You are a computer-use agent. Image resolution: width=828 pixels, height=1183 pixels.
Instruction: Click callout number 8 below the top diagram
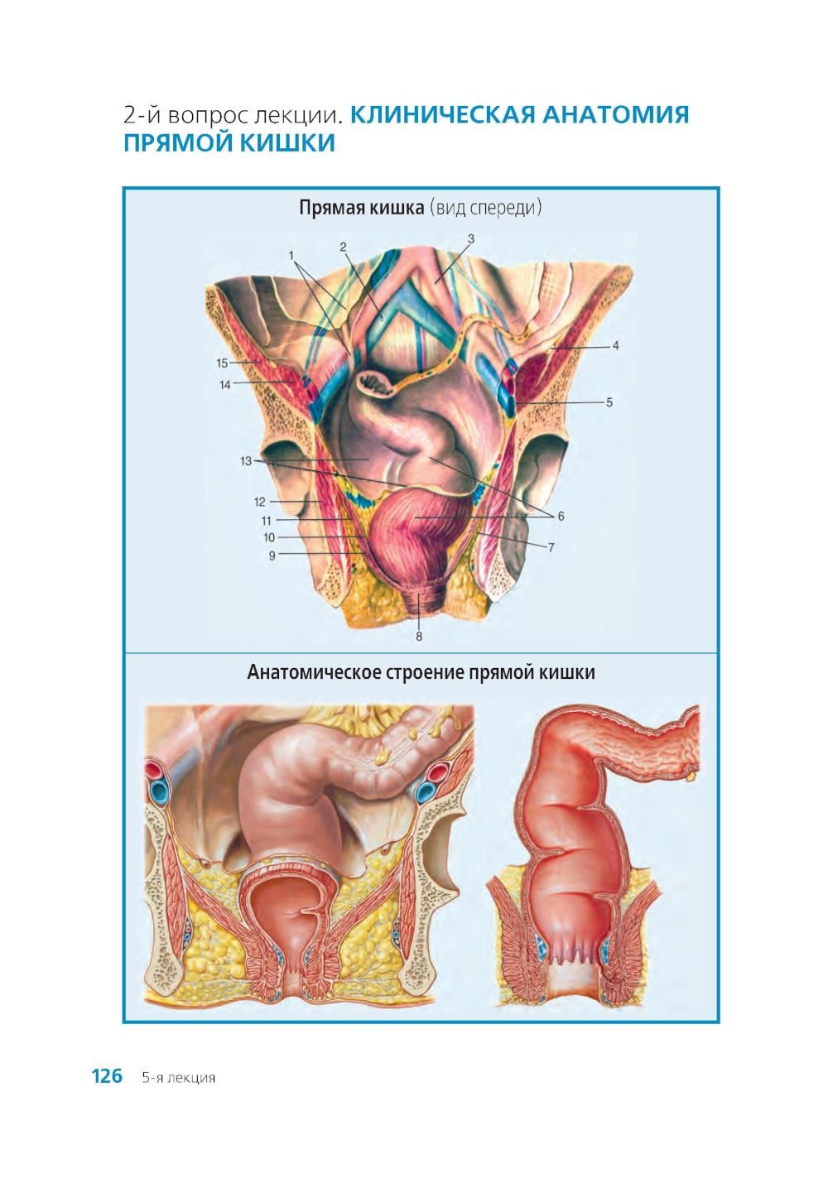click(x=419, y=637)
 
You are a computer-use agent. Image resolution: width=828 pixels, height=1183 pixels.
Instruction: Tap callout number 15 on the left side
click(x=222, y=363)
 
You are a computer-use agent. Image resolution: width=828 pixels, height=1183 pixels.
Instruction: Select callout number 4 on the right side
click(x=615, y=346)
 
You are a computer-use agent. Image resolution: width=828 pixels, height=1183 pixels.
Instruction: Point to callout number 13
click(x=246, y=461)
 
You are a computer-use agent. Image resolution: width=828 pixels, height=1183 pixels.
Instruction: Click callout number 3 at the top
click(x=471, y=238)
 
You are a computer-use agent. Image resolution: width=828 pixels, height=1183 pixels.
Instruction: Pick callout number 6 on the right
click(x=561, y=516)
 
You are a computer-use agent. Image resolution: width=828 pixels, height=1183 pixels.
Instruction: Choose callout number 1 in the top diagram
click(x=291, y=255)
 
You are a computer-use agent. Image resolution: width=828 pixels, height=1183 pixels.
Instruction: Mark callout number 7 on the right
click(x=551, y=548)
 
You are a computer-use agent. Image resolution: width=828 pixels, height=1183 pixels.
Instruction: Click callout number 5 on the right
click(x=609, y=402)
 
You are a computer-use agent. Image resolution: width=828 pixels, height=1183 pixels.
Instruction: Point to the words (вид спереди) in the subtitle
click(x=486, y=208)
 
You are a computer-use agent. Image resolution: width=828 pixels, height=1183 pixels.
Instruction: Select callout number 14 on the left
click(x=225, y=385)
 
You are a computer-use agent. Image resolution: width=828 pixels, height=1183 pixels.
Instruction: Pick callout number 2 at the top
click(x=343, y=247)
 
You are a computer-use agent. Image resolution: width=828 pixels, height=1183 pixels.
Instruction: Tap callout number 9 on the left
click(x=272, y=555)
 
